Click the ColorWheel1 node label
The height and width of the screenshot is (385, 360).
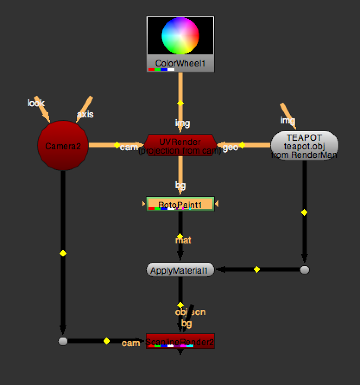tap(180, 64)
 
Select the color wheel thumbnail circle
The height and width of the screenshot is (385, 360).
tap(180, 35)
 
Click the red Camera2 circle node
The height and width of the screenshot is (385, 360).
tap(63, 146)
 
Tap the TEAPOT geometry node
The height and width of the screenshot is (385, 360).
tap(304, 145)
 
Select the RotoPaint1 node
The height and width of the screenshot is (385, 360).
tap(180, 204)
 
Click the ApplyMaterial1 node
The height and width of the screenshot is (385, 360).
tap(180, 271)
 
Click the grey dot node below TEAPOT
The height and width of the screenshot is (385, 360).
tap(305, 270)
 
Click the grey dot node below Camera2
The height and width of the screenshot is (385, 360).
tap(63, 341)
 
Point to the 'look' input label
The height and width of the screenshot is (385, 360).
tap(36, 103)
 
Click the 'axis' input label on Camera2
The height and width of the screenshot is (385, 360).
tap(85, 114)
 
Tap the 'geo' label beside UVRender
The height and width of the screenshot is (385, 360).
tap(230, 148)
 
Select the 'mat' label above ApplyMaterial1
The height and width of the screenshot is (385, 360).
tap(183, 240)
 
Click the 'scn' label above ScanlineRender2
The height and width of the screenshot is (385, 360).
tap(198, 312)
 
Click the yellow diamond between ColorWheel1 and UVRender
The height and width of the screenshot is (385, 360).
tap(180, 103)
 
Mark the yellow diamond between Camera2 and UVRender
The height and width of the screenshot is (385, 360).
tap(117, 145)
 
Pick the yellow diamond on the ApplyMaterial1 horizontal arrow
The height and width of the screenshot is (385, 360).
tap(257, 269)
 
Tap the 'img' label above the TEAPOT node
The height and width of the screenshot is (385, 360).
tap(287, 120)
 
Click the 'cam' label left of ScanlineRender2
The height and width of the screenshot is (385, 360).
tap(130, 343)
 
